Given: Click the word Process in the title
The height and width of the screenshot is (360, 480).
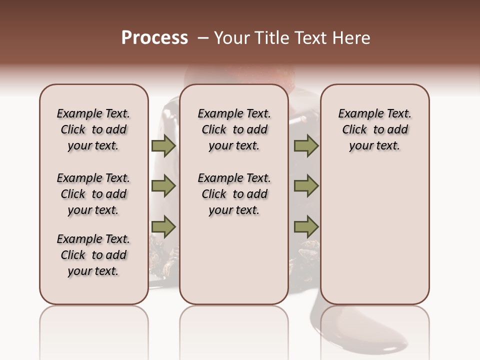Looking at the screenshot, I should pyautogui.click(x=154, y=38).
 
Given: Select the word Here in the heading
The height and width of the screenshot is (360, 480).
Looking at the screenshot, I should pyautogui.click(x=352, y=38).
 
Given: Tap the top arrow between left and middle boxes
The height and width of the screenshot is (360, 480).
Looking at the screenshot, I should pyautogui.click(x=163, y=145).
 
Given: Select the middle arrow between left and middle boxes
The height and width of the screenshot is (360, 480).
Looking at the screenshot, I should pyautogui.click(x=163, y=186).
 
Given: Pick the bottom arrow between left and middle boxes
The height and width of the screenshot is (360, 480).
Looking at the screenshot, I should pyautogui.click(x=163, y=227).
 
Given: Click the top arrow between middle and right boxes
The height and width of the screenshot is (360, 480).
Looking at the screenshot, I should pyautogui.click(x=306, y=145).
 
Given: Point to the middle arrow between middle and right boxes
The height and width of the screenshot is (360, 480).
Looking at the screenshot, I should pyautogui.click(x=306, y=186).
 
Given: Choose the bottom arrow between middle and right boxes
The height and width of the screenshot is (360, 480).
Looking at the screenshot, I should pyautogui.click(x=306, y=227).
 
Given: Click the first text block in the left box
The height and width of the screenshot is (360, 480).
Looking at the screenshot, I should pyautogui.click(x=93, y=129).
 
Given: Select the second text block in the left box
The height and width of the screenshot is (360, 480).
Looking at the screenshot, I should pyautogui.click(x=93, y=194).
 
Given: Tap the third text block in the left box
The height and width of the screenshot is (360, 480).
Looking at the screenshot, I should pyautogui.click(x=93, y=255).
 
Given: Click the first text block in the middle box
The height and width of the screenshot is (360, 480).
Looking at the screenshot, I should pyautogui.click(x=234, y=129).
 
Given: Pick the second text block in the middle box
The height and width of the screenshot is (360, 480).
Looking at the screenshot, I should pyautogui.click(x=234, y=194).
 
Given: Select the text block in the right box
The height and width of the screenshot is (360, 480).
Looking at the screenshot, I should pyautogui.click(x=374, y=129).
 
